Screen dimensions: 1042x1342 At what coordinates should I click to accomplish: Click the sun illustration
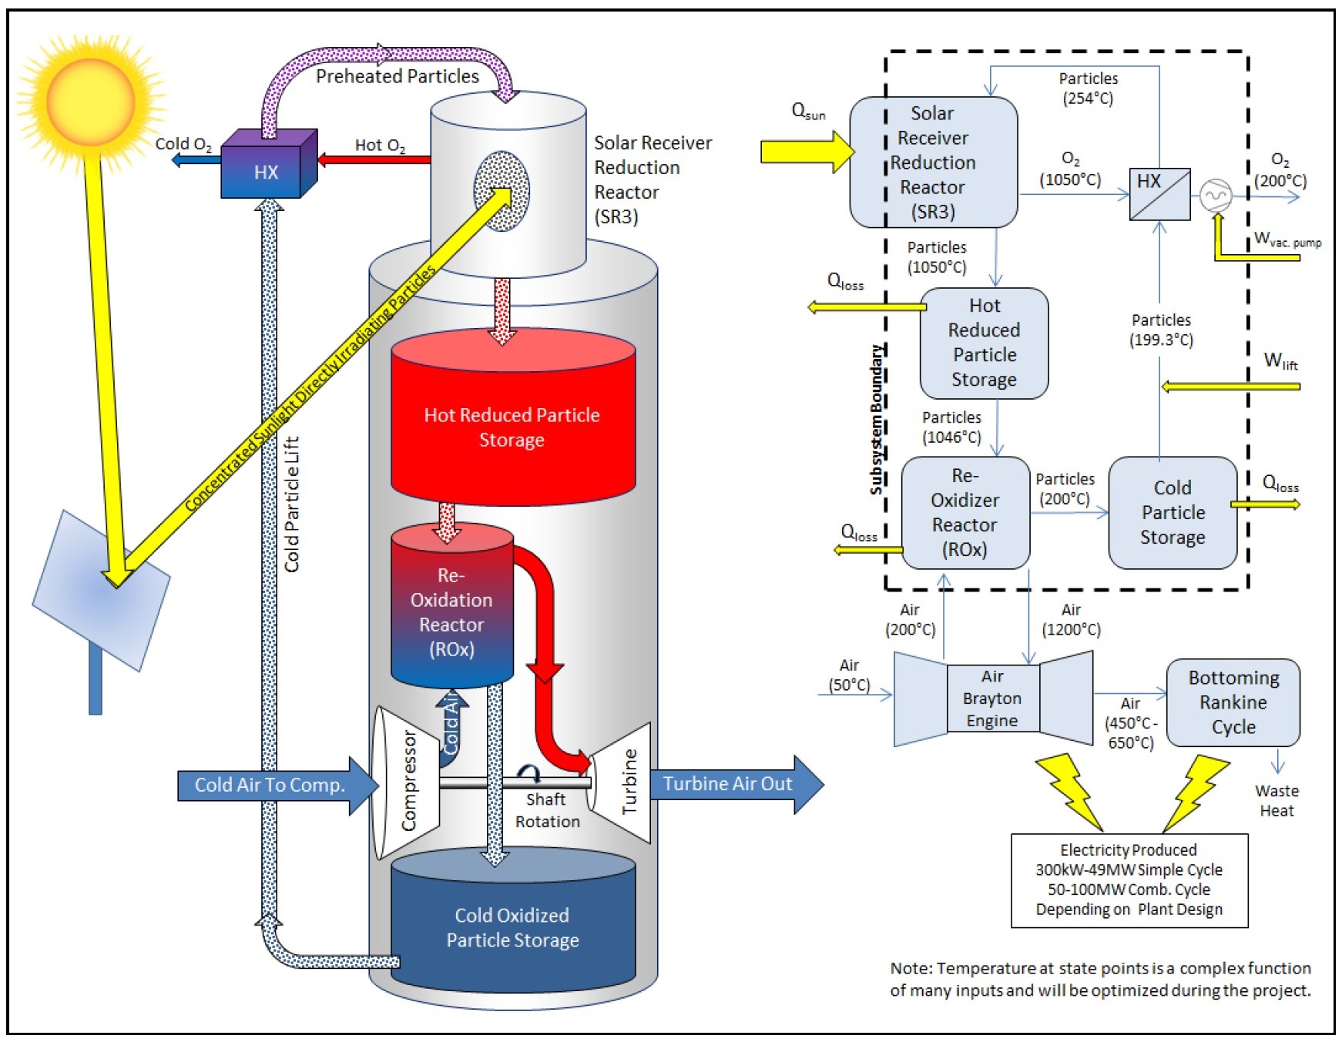pos(91,100)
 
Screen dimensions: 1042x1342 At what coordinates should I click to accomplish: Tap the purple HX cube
pos(267,169)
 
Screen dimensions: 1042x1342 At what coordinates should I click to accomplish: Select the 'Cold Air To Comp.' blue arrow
pos(270,785)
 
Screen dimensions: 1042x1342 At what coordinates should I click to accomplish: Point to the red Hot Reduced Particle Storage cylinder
pos(512,427)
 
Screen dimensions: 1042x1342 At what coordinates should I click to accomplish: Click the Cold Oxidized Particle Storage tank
pos(512,927)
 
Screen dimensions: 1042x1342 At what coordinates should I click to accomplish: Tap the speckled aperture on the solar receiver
pos(502,190)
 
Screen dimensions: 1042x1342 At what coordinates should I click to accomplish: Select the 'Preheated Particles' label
pos(398,76)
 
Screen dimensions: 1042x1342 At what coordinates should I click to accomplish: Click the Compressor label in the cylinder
pos(409,779)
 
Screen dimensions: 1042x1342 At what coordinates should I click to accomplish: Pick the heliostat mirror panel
pos(100,589)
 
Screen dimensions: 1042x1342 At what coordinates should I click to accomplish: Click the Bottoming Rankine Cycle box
pos(1233,702)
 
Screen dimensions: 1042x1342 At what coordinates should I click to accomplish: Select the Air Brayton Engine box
pos(992,699)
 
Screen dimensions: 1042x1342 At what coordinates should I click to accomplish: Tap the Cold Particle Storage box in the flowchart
pos(1172,512)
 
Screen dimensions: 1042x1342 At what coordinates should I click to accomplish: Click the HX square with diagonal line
pos(1159,193)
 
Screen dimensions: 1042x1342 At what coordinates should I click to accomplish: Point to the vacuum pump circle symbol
pos(1215,195)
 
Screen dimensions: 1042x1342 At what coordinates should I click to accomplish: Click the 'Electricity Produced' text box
pos(1129,880)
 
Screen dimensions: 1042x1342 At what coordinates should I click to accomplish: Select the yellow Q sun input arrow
pos(805,151)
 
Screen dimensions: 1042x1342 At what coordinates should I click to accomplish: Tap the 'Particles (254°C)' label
pos(1088,88)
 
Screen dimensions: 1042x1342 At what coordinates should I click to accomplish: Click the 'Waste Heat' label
pos(1277,800)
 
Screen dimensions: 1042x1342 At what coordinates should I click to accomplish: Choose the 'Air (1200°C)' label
pos(1071,619)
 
